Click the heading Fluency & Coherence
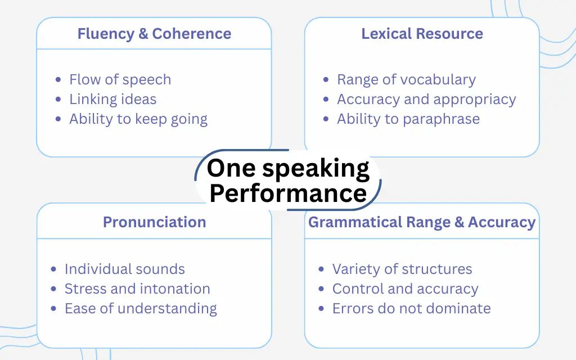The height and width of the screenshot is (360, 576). point(154,34)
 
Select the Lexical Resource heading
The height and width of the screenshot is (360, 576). point(422,34)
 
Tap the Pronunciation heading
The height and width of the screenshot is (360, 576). point(154,222)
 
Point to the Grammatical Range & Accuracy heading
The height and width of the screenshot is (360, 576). point(422,222)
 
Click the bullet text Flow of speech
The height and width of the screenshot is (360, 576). point(120,80)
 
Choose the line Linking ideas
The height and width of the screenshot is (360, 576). point(112,100)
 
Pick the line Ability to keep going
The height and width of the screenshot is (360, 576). point(138,119)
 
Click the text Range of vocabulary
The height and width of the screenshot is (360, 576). point(406,80)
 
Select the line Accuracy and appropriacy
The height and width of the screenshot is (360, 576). point(426,100)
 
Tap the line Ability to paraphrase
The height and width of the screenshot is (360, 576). point(408,119)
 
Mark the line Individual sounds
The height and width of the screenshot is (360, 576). point(124,269)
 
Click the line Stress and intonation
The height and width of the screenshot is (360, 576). point(137,289)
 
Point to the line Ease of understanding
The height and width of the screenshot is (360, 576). point(141,309)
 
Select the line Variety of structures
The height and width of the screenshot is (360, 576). point(402,269)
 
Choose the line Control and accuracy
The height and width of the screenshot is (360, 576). point(405,289)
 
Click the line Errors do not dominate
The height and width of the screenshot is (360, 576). point(411,309)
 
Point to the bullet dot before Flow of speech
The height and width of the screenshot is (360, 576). point(59,80)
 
